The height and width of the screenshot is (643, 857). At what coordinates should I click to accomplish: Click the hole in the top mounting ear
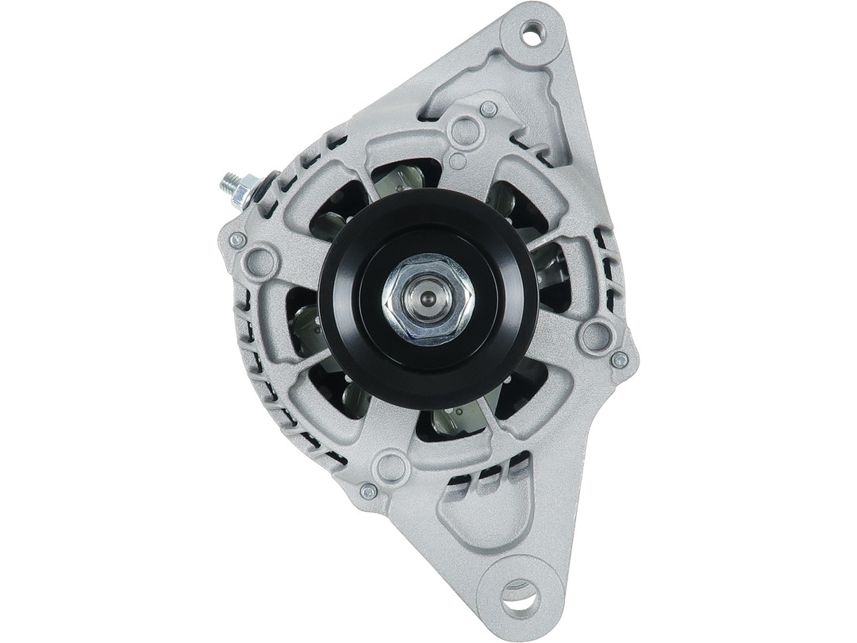pyautogui.click(x=531, y=33)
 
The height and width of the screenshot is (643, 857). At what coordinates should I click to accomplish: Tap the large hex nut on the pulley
pyautogui.click(x=428, y=299)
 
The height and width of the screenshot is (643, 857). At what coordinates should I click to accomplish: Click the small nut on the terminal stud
pyautogui.click(x=245, y=191)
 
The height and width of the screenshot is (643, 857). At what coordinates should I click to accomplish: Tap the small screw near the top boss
pyautogui.click(x=489, y=109)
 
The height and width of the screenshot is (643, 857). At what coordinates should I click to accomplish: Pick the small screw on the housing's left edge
pyautogui.click(x=236, y=240)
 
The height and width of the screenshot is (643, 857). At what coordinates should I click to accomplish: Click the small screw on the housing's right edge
pyautogui.click(x=620, y=360)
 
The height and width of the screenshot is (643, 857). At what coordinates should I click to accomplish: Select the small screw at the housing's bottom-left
pyautogui.click(x=368, y=491)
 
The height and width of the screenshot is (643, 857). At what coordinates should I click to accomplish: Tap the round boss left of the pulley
pyautogui.click(x=259, y=261)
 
